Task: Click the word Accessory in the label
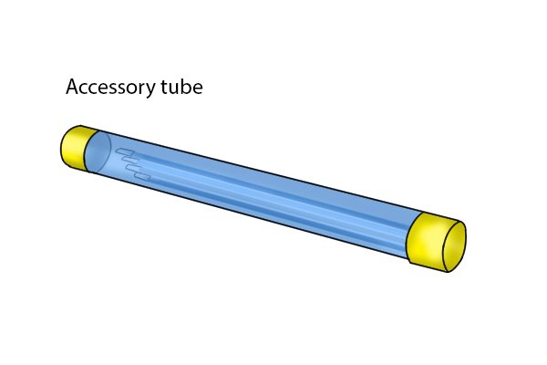coord(109,88)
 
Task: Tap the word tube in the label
coord(181,87)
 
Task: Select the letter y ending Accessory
coord(150,90)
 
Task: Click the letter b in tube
coord(187,87)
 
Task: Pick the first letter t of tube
coord(164,88)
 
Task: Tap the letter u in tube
coord(174,89)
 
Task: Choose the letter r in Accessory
coord(141,89)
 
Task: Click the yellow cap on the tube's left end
coord(77,148)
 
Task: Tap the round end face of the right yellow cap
coord(455,246)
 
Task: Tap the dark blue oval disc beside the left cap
coord(98,152)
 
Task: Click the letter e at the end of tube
coord(198,89)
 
